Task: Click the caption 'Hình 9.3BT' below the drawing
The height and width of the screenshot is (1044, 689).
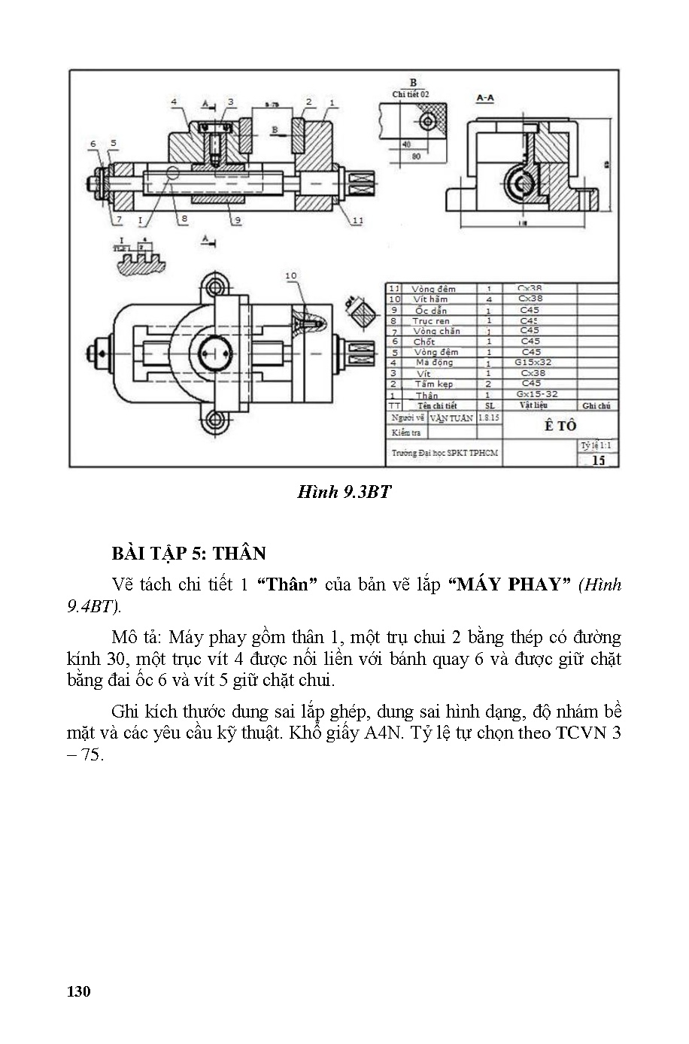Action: click(344, 492)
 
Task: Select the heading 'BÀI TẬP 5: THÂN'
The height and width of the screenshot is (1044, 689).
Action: click(189, 554)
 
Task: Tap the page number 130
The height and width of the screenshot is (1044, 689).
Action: click(78, 991)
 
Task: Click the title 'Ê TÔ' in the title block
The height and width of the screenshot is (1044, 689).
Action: click(560, 426)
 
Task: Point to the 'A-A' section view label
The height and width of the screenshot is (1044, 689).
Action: click(485, 98)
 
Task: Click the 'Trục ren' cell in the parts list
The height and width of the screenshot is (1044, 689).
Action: click(430, 321)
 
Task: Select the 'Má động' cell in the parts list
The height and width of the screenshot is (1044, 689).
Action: click(434, 363)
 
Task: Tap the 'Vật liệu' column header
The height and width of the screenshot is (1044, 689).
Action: click(533, 405)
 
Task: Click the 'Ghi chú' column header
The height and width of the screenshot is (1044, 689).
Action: click(596, 405)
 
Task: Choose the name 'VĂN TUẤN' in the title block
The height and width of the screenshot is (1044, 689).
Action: click(451, 417)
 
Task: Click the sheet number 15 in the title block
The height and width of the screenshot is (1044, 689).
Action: click(598, 460)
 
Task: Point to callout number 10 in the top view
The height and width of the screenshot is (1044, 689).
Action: click(291, 276)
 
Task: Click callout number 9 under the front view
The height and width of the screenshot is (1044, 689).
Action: click(236, 220)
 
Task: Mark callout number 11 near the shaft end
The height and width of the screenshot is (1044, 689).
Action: click(357, 220)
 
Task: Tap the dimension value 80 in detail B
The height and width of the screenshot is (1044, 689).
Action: click(414, 156)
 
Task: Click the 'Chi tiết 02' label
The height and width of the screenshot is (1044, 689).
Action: click(411, 95)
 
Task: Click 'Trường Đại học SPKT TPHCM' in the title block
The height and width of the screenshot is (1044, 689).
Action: click(444, 454)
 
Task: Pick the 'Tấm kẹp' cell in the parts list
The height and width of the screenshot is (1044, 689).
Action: click(433, 384)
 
